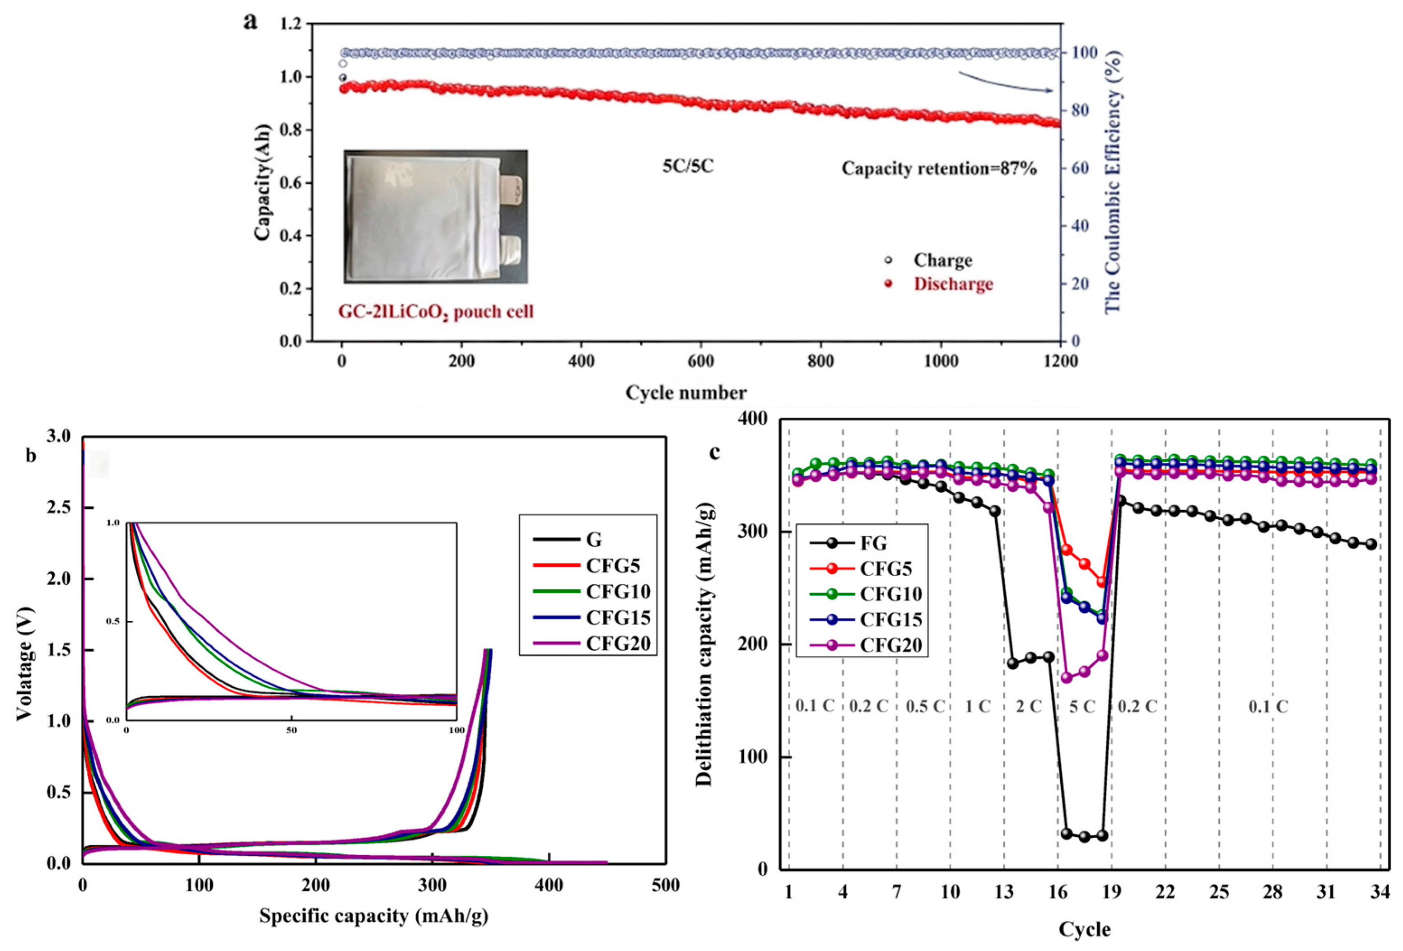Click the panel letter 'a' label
pos(250,22)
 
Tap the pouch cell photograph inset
pos(435,216)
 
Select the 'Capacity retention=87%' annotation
pos(939,168)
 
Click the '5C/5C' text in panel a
pos(688,166)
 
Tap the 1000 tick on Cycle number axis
pos(941,361)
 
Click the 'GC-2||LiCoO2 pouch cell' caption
pos(436,312)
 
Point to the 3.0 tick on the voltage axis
pos(59,436)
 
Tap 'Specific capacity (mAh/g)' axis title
pos(374,916)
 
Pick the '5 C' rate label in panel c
pos(1082,706)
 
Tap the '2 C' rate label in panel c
pos(1029,706)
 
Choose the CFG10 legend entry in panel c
pos(866,594)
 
